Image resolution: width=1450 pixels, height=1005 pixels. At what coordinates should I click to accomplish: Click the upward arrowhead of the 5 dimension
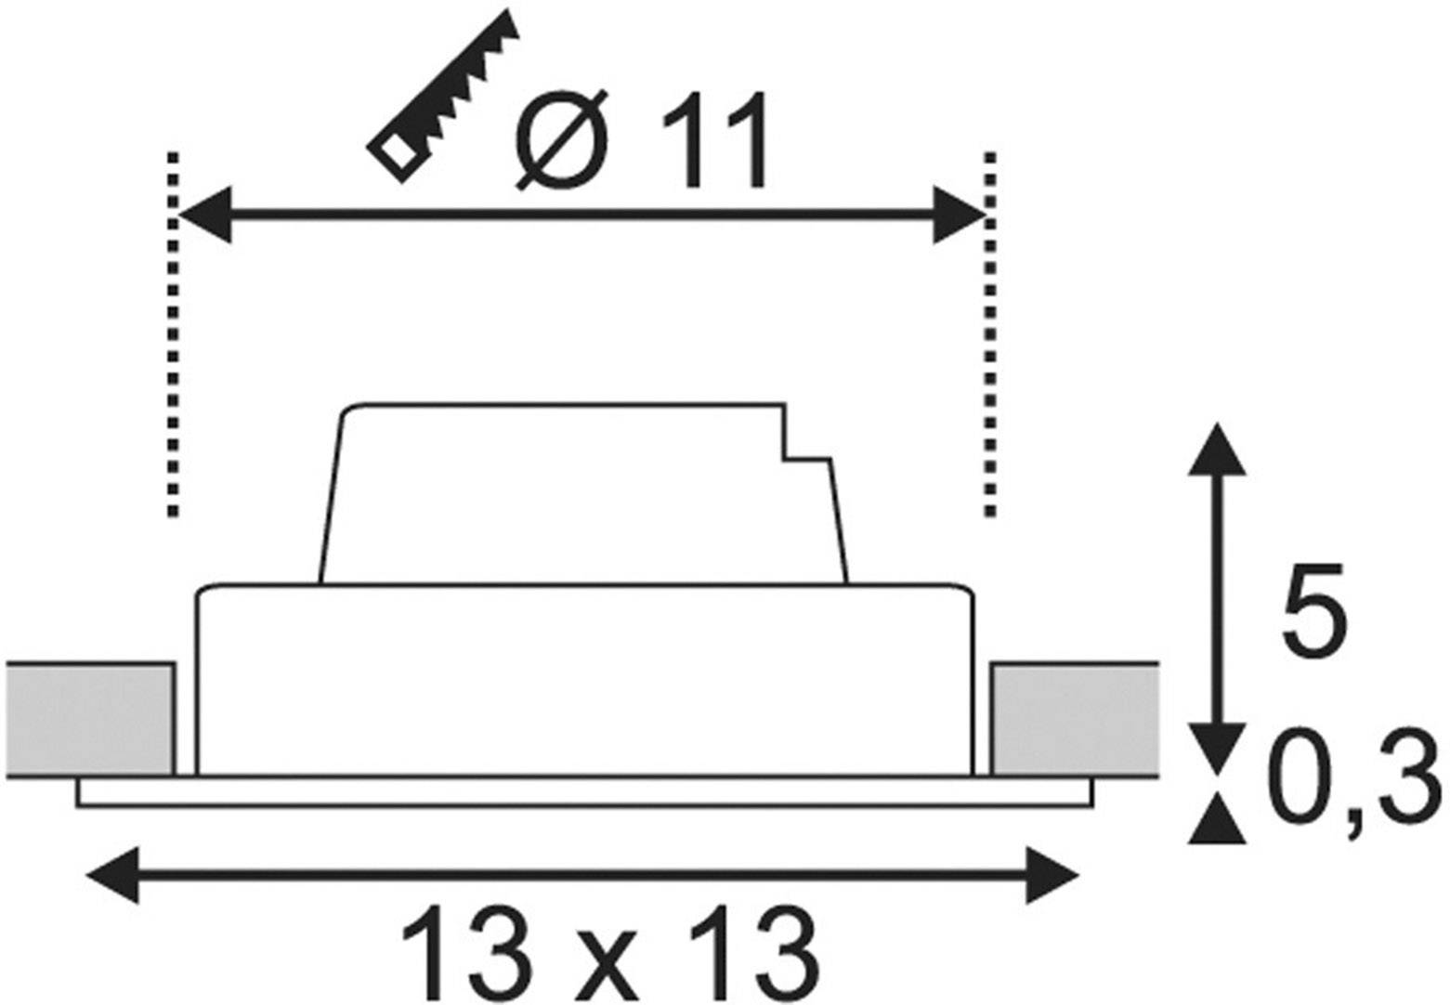coord(1218,450)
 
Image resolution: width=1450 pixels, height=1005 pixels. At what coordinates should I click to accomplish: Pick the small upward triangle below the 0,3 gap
coord(1218,825)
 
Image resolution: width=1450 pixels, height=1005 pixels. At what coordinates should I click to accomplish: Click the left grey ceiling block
coord(89,718)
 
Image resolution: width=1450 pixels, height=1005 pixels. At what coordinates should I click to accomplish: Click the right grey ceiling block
coord(1074,718)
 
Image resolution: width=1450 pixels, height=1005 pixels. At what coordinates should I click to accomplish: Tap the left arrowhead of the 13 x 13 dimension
coord(111,875)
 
